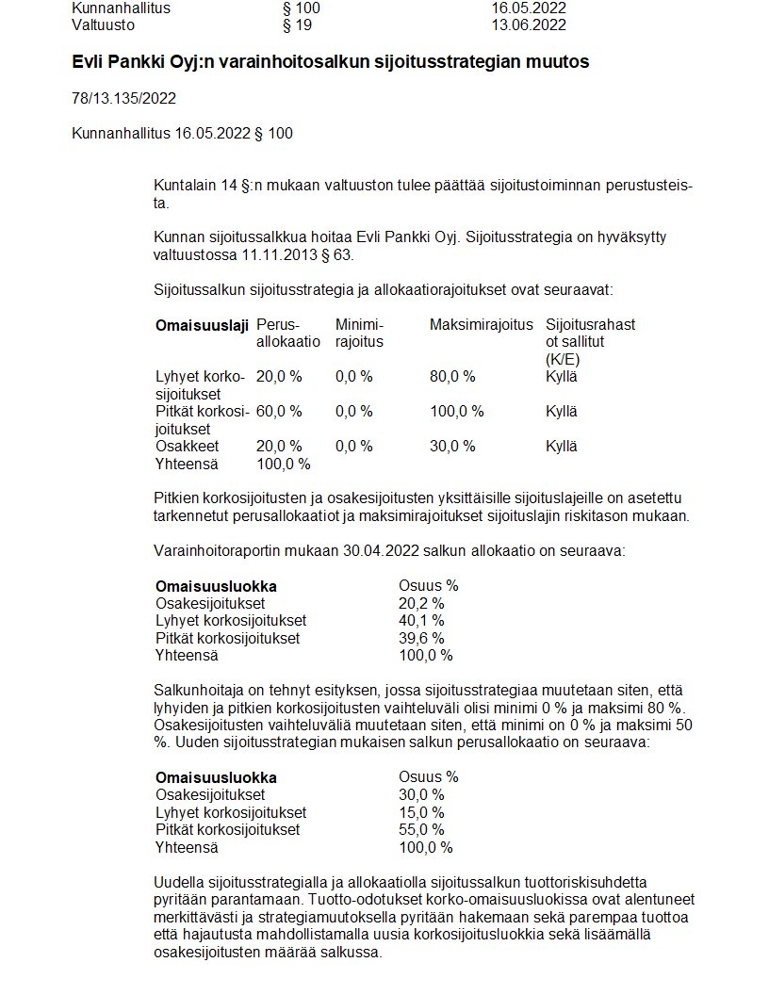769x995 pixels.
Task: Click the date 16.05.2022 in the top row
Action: (529, 8)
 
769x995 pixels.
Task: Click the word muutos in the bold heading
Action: (558, 62)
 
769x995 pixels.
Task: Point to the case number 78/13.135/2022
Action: (123, 98)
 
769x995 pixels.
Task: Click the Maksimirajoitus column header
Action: (481, 325)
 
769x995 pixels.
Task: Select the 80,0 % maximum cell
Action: (452, 377)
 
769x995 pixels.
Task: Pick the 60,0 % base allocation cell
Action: (279, 412)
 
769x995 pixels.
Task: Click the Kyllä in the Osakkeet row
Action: (562, 447)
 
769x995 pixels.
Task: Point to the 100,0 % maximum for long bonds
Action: (456, 412)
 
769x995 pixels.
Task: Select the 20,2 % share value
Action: (421, 603)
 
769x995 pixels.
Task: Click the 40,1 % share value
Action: (421, 621)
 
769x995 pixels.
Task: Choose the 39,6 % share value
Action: (421, 638)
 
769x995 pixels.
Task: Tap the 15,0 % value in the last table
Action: (421, 812)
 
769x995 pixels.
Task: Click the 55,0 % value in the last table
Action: (421, 830)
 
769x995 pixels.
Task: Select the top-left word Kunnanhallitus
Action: (122, 8)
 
